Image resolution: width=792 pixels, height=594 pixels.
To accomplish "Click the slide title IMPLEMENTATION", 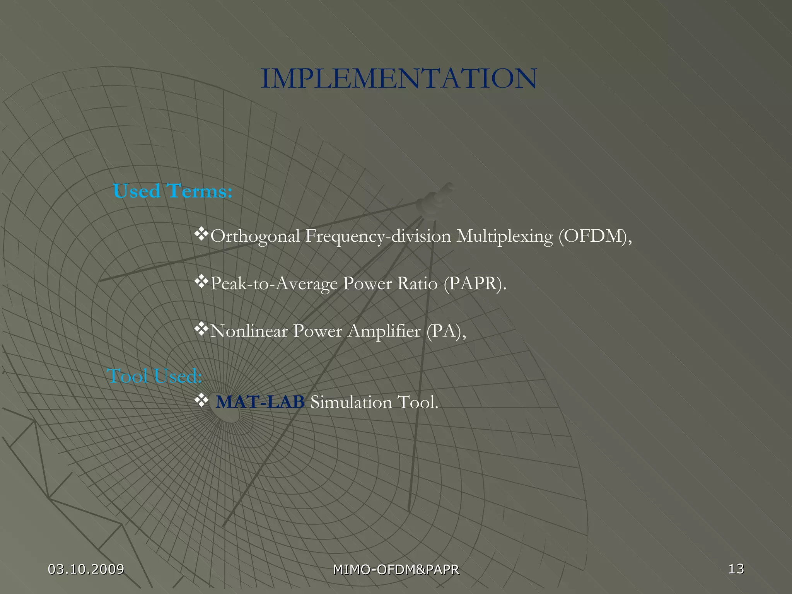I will point(399,79).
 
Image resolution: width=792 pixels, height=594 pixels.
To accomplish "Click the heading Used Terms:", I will point(172,191).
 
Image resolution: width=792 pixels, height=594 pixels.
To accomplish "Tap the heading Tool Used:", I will point(154,376).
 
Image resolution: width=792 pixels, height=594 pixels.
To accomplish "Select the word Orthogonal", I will point(255,236).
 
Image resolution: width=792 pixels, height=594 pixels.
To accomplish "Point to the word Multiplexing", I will point(505,236).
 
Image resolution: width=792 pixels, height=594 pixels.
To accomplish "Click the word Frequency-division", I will point(378,236).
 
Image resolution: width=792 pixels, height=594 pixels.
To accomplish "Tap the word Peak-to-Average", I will point(274,284).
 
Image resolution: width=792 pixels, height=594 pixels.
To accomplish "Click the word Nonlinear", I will point(249,331).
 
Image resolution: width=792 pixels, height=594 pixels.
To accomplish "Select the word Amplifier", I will point(384,331).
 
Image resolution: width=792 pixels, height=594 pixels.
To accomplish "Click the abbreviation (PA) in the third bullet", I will point(444,331).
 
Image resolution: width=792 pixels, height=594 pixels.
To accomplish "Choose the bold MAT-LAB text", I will point(260,402).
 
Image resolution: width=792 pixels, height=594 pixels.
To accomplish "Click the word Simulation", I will point(351,402).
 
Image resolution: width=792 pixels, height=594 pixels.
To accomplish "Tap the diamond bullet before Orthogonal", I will point(201,234).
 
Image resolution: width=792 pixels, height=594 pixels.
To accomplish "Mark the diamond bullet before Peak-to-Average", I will point(201,282).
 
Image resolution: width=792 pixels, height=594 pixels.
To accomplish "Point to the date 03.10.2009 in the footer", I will point(86,569).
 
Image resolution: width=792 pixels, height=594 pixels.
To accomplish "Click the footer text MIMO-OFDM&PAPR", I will point(396,570).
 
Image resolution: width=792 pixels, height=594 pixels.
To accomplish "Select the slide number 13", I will point(736,568).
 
